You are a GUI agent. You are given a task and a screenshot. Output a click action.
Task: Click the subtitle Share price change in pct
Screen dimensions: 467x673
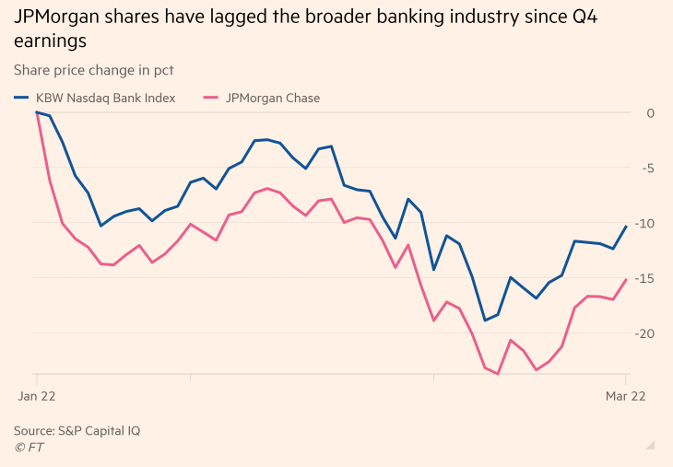pyautogui.click(x=94, y=70)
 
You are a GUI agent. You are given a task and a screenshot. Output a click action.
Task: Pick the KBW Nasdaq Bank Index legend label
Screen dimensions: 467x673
pyautogui.click(x=105, y=98)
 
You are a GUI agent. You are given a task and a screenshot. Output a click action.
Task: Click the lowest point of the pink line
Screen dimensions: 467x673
pyautogui.click(x=498, y=374)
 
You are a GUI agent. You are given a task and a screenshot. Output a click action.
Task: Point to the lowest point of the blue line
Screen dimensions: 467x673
pyautogui.click(x=485, y=321)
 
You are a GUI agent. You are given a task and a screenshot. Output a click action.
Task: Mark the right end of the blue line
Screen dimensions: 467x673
pyautogui.click(x=627, y=227)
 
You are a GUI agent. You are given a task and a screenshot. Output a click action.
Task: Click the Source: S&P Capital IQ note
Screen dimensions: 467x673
pyautogui.click(x=77, y=430)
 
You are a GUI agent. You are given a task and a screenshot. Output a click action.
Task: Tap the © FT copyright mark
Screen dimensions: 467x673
pyautogui.click(x=29, y=448)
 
